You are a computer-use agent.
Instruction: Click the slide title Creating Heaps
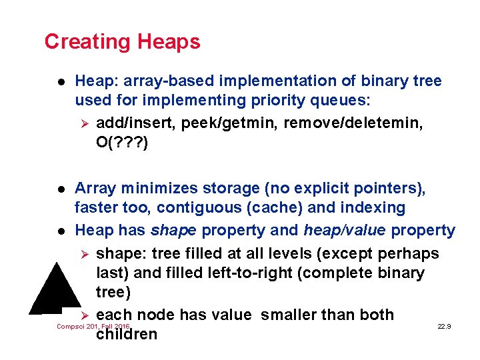click(x=122, y=41)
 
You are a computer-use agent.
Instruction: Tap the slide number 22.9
click(x=444, y=327)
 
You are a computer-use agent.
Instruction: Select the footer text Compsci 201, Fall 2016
click(x=93, y=327)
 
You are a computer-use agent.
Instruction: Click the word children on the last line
click(x=127, y=334)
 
